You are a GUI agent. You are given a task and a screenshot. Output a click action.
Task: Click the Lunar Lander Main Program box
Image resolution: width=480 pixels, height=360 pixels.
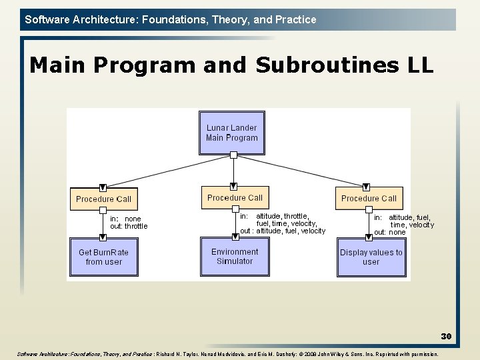(231, 133)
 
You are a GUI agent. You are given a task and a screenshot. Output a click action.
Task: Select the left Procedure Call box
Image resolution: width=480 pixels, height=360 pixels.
(103, 199)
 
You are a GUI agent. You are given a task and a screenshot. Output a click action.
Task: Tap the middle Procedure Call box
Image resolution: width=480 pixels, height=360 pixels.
(235, 197)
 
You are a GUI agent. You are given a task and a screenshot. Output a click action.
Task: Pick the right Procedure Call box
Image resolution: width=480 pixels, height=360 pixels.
(369, 198)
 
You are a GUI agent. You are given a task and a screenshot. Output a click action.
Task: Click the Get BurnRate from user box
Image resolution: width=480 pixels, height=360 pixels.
(103, 257)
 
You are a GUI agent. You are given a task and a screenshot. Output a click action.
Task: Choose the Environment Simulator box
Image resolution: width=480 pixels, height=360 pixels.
(235, 256)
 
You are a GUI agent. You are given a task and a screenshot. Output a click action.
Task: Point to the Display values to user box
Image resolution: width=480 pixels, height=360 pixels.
(371, 257)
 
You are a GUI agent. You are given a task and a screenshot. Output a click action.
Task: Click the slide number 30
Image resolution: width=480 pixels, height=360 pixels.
(446, 337)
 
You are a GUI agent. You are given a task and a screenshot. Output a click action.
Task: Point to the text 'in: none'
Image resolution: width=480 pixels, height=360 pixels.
(126, 219)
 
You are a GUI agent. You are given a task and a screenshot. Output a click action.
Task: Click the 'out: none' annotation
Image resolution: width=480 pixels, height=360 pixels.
(389, 232)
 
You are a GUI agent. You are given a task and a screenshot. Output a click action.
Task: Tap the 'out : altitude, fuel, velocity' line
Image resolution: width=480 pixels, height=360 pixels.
(283, 231)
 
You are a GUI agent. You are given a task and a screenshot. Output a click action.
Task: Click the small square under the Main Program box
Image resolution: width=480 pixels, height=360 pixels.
(233, 155)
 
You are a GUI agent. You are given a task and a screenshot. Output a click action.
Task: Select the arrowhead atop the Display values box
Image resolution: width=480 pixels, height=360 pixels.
(366, 235)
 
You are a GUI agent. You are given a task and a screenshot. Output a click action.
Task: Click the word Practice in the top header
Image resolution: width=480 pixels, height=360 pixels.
(295, 19)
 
